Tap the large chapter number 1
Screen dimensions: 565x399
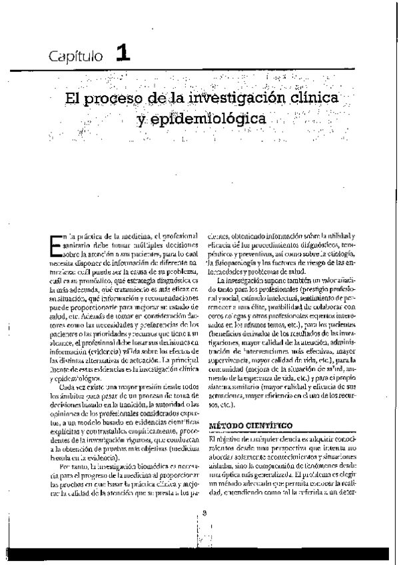click(x=122, y=53)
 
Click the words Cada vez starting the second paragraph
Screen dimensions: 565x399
click(x=72, y=386)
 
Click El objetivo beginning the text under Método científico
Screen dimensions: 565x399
click(x=225, y=439)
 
